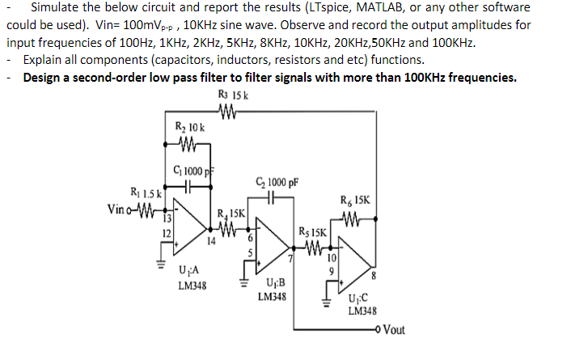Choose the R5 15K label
tap(315, 231)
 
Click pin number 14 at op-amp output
tap(211, 240)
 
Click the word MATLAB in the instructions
tap(391, 8)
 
